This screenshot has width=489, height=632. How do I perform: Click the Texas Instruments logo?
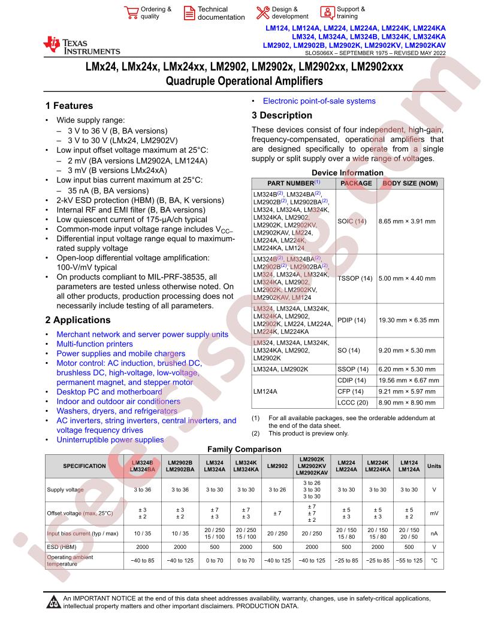point(81,45)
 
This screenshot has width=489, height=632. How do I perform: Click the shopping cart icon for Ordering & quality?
point(130,13)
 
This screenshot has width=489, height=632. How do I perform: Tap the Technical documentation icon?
point(189,13)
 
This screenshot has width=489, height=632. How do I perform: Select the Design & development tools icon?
point(262,13)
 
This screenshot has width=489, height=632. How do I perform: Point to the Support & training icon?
point(327,13)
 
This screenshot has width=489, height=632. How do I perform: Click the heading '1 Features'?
point(69,106)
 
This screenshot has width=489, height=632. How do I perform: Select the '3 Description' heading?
point(282,116)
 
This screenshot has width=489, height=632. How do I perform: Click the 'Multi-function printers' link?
point(95,344)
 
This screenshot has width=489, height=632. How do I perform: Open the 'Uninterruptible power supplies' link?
point(110,440)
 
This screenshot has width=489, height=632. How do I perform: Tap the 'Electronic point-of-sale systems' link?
point(319,101)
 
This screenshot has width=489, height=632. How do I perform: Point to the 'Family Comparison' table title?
point(244,449)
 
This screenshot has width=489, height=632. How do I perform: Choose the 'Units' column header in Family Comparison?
point(433,466)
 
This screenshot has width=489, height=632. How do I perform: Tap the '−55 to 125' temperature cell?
point(409,560)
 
